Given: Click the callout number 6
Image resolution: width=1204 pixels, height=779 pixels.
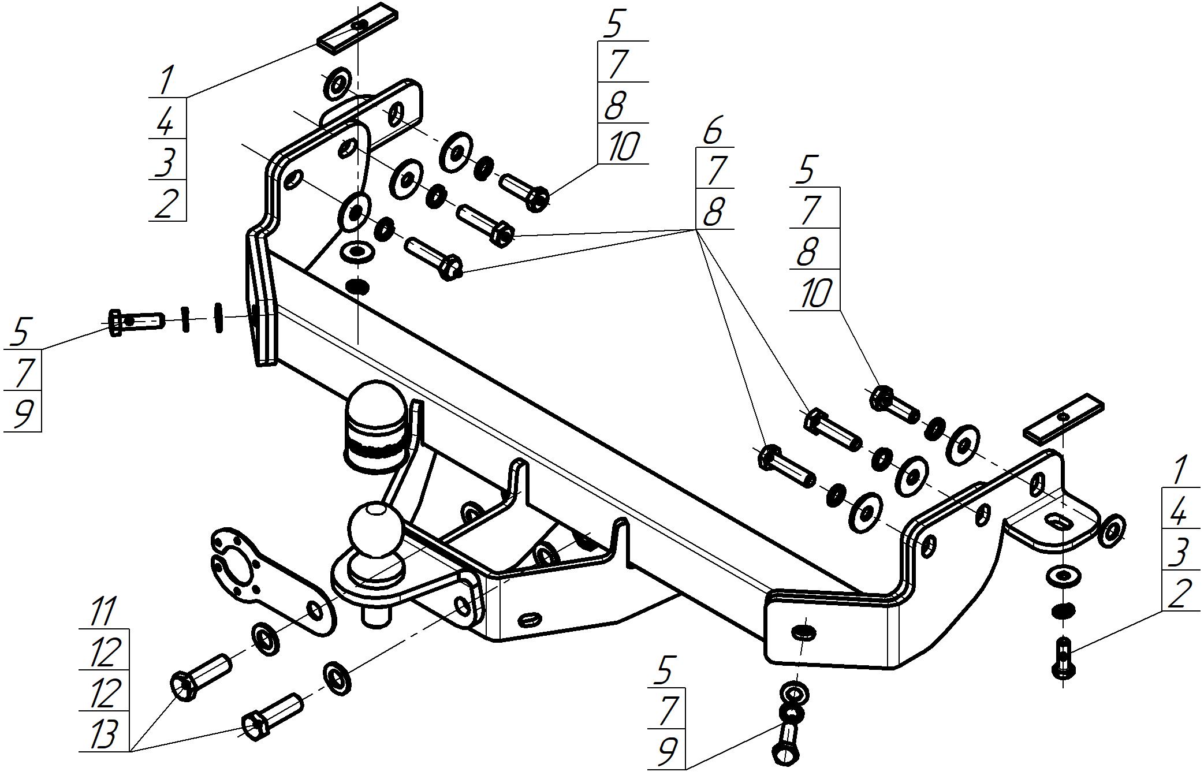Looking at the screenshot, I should (713, 131).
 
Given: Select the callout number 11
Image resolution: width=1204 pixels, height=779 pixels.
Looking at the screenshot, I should (103, 611).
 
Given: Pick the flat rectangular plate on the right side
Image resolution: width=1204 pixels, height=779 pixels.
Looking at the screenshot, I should (1063, 418).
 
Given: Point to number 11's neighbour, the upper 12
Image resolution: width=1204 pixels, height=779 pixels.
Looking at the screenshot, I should (104, 651).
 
